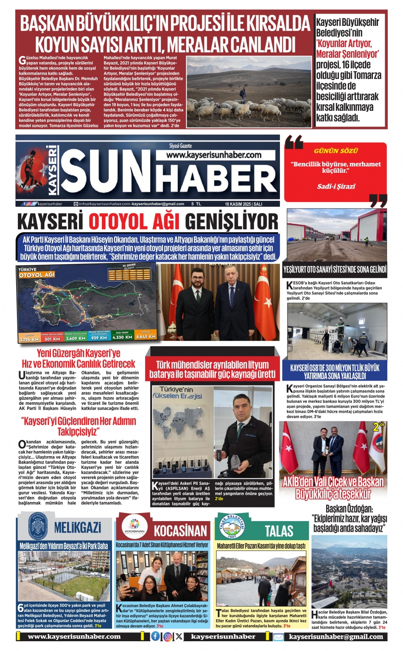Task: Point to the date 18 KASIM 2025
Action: (x=238, y=204)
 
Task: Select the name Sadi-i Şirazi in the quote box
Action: (x=336, y=186)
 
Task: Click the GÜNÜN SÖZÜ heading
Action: (x=336, y=151)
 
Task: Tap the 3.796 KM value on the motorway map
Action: (x=29, y=339)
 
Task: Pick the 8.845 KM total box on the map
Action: (x=146, y=337)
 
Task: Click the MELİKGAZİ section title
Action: (x=78, y=528)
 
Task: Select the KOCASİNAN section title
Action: (x=180, y=530)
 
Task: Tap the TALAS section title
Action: (x=279, y=530)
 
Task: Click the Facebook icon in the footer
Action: (x=156, y=636)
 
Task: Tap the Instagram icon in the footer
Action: (x=168, y=636)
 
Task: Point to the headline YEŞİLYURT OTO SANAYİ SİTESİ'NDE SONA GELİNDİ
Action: (x=335, y=269)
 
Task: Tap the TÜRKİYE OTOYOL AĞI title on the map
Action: (x=36, y=272)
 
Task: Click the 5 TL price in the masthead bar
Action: (x=196, y=204)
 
